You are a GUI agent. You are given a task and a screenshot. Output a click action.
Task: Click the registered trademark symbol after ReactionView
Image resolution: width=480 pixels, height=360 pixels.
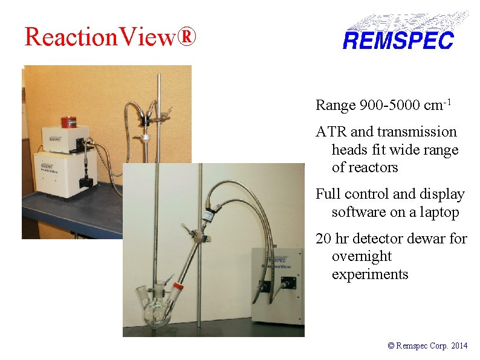tap(187, 37)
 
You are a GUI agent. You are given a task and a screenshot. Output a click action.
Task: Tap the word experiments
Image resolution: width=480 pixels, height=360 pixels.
tap(370, 274)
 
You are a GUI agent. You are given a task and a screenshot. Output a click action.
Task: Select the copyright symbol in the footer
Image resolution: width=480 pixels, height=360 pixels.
tap(391, 346)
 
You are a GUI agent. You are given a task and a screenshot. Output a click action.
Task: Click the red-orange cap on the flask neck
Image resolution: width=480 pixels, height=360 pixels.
tap(177, 286)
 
